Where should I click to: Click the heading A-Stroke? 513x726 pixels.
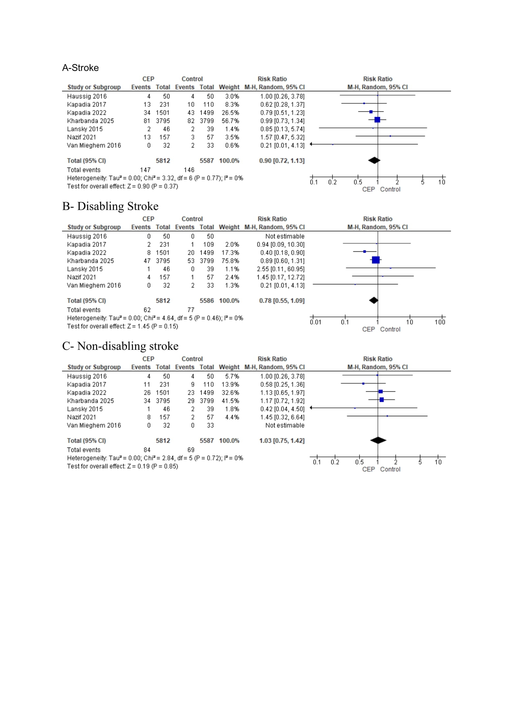80,68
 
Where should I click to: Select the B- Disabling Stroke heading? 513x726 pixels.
110,206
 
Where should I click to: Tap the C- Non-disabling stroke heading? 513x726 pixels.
120,346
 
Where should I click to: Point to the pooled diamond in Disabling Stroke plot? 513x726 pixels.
374,300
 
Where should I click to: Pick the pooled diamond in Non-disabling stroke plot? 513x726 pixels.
378,440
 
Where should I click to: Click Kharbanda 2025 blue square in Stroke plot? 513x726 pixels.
377,120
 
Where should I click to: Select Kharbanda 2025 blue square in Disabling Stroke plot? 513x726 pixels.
376,260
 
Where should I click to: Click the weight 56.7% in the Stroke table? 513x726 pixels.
230,121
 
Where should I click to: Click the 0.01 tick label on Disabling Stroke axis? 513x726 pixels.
315,322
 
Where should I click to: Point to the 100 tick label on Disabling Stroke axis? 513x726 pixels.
440,322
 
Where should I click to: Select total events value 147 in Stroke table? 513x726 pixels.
145,170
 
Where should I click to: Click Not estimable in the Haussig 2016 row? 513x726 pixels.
285,237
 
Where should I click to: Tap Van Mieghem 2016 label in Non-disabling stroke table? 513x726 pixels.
94,426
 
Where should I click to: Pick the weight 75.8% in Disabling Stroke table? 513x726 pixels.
230,261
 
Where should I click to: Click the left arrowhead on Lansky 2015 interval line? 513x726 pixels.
311,408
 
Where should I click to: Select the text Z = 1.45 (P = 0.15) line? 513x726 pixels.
122,326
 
